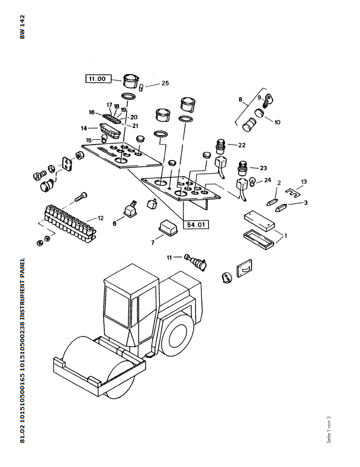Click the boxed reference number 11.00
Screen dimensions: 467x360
[x=97, y=79]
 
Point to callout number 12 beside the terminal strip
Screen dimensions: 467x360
[x=101, y=218]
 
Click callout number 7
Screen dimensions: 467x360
[x=152, y=242]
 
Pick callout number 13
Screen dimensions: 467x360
[x=304, y=181]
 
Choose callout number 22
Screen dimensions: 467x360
[x=241, y=145]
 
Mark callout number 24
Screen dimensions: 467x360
[x=268, y=180]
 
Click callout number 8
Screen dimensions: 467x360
[x=240, y=99]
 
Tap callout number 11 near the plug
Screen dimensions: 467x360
[x=169, y=257]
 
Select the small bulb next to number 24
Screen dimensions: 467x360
[x=253, y=181]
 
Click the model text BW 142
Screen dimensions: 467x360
[x=22, y=27]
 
